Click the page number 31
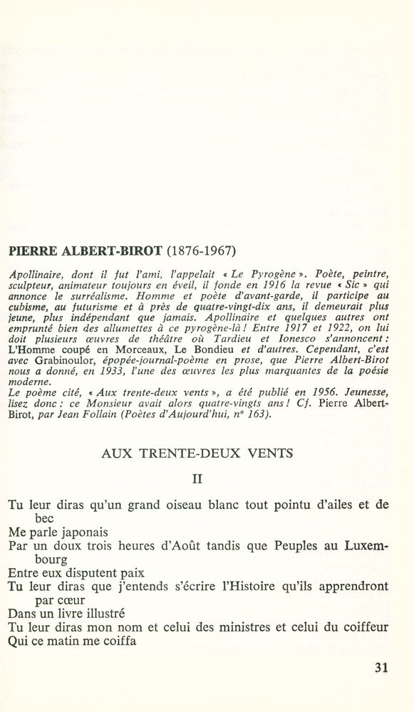coord(380,668)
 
